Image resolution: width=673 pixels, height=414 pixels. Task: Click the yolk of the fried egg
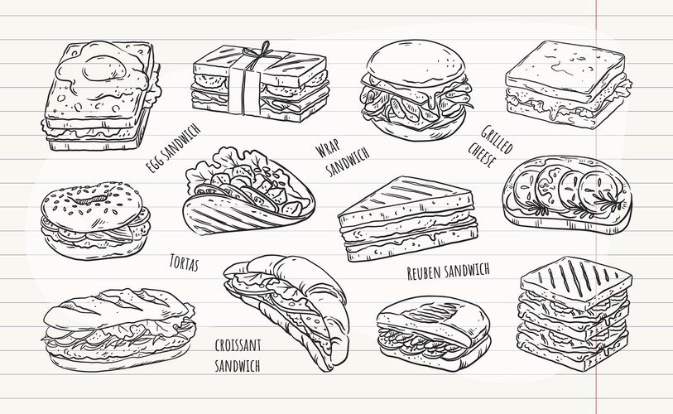[104, 68]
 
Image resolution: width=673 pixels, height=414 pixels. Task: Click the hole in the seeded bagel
[91, 200]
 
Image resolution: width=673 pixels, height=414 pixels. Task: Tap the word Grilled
[497, 139]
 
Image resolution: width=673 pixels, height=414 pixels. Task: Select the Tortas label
[184, 262]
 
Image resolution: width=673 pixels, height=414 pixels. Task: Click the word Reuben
[425, 272]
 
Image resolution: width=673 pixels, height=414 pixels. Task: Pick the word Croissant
[238, 345]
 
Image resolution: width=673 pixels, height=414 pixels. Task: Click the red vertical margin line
[596, 207]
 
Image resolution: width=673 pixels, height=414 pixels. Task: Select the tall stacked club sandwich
[575, 314]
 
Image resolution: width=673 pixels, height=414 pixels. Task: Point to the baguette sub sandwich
[119, 330]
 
